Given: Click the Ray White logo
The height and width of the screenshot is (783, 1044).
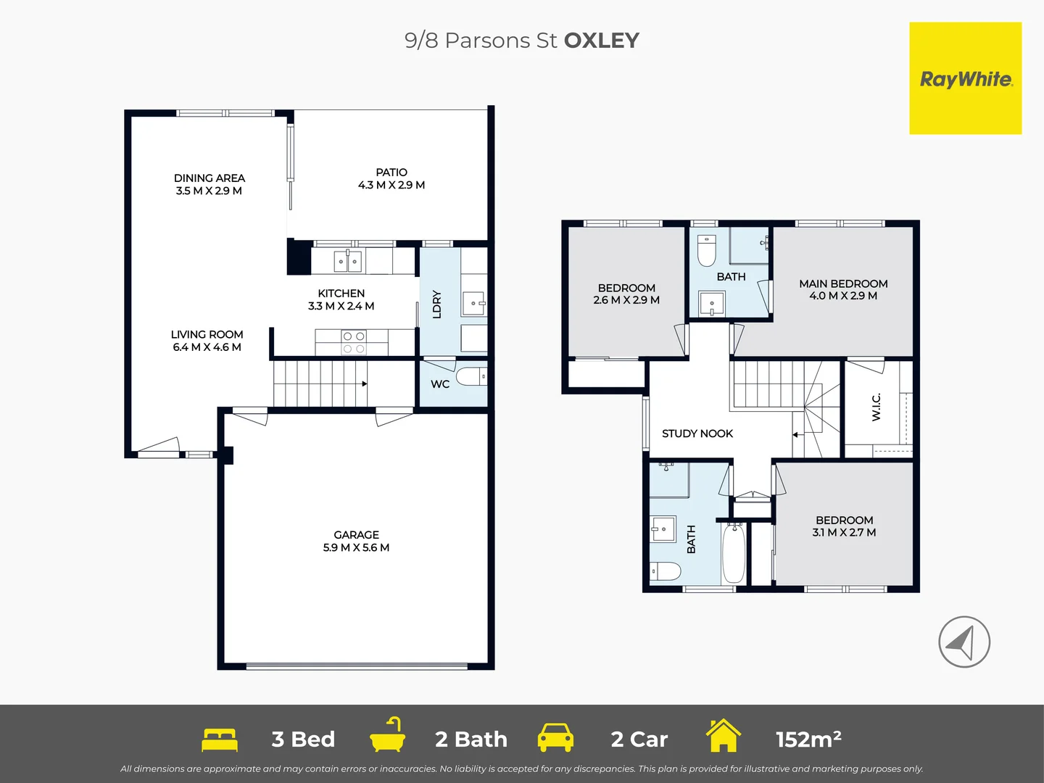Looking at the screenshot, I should point(965,78).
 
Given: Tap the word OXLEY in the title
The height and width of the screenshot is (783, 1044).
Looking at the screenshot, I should point(601,41).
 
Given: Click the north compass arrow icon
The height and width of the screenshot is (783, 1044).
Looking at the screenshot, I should point(964,642).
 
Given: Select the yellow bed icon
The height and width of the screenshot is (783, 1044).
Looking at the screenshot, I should point(220,739).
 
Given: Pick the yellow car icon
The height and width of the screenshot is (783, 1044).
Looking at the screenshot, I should point(555,738).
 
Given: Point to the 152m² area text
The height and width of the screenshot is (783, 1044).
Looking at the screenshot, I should point(808,739).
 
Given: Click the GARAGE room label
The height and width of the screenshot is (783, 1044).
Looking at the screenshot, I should point(356,535).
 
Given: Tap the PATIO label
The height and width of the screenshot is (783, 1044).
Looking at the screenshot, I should point(391,173).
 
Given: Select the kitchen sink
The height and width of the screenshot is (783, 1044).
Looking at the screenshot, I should point(348,260).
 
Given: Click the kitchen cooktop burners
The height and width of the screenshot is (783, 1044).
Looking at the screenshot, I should point(354,342).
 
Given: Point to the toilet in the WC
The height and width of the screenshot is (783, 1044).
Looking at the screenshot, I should point(471,377).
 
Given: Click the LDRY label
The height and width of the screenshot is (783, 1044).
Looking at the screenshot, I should point(437,304).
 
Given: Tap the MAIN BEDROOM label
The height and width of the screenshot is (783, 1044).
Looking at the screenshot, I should point(843,283).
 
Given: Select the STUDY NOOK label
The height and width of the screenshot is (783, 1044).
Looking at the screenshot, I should point(697,434).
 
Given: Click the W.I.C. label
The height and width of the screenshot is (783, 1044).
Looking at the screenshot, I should point(877,407).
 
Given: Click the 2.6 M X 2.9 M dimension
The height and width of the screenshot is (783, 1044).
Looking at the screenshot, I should point(626,300).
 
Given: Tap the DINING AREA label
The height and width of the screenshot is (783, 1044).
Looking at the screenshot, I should point(209,178).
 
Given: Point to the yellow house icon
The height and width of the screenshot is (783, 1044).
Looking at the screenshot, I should point(723,736).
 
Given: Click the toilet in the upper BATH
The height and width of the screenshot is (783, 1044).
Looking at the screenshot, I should point(706,250).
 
